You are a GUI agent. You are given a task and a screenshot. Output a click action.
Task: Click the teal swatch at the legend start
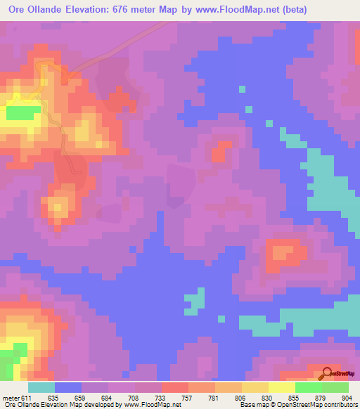click(41, 387)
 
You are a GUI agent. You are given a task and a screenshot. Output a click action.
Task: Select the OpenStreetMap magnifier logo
click(328, 373)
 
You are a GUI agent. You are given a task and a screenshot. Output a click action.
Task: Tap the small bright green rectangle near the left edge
click(24, 112)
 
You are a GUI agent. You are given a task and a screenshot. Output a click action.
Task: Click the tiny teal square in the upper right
click(242, 89)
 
